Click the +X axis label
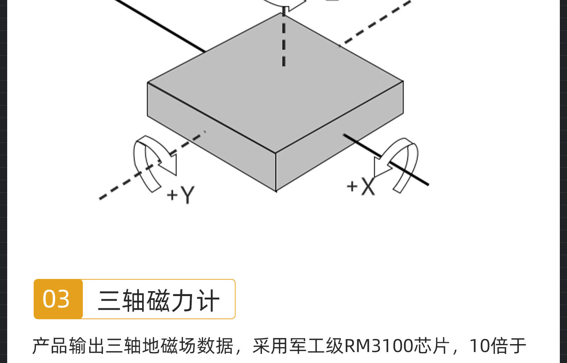click(361, 186)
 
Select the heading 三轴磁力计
click(159, 301)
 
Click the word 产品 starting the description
click(50, 346)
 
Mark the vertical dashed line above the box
click(283, 42)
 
